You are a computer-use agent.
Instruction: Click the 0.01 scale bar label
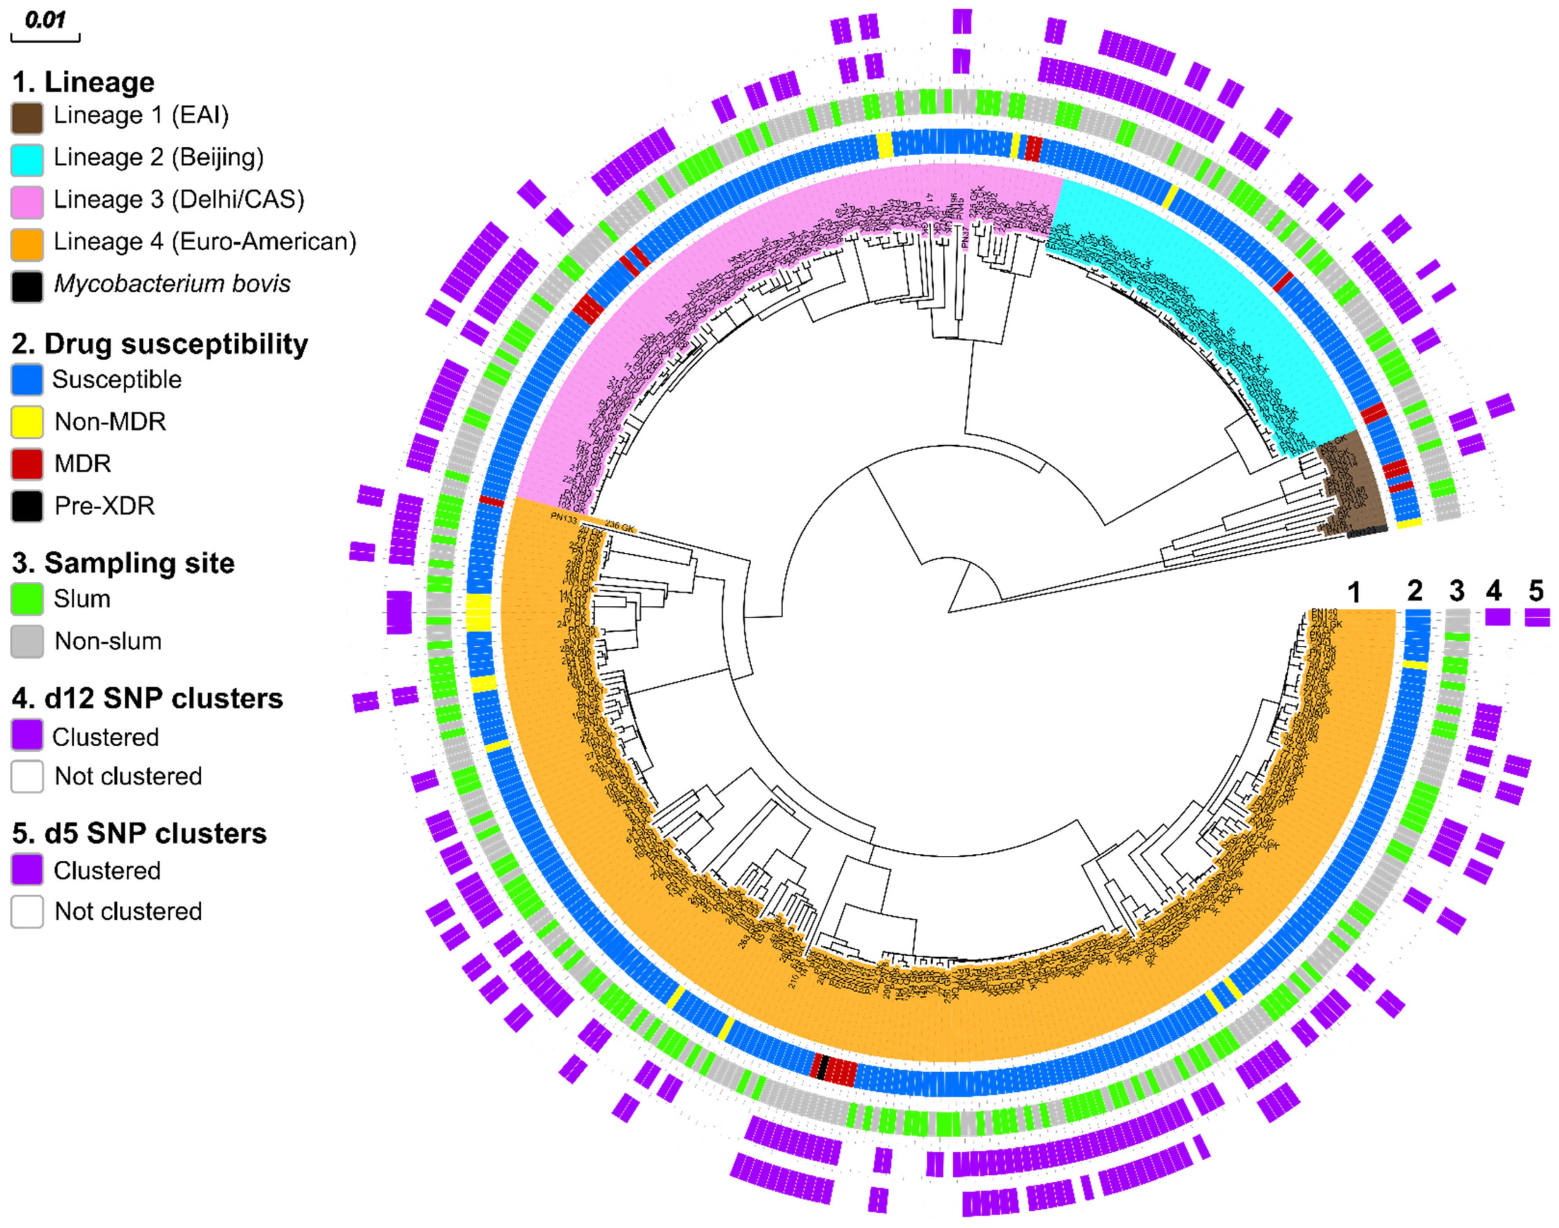45,19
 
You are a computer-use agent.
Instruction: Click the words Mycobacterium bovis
173,284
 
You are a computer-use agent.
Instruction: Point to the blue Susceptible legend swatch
27,380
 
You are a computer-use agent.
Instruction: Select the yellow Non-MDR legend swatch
27,422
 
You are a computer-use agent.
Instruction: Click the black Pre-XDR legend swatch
27,506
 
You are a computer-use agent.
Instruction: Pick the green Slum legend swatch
27,599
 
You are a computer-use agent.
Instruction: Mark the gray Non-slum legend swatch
27,641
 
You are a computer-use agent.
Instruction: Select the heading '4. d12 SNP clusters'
148,698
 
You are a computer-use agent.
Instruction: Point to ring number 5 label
1536,591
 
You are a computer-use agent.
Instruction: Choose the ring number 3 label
1456,591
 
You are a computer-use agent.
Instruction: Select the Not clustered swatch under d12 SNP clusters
27,776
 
